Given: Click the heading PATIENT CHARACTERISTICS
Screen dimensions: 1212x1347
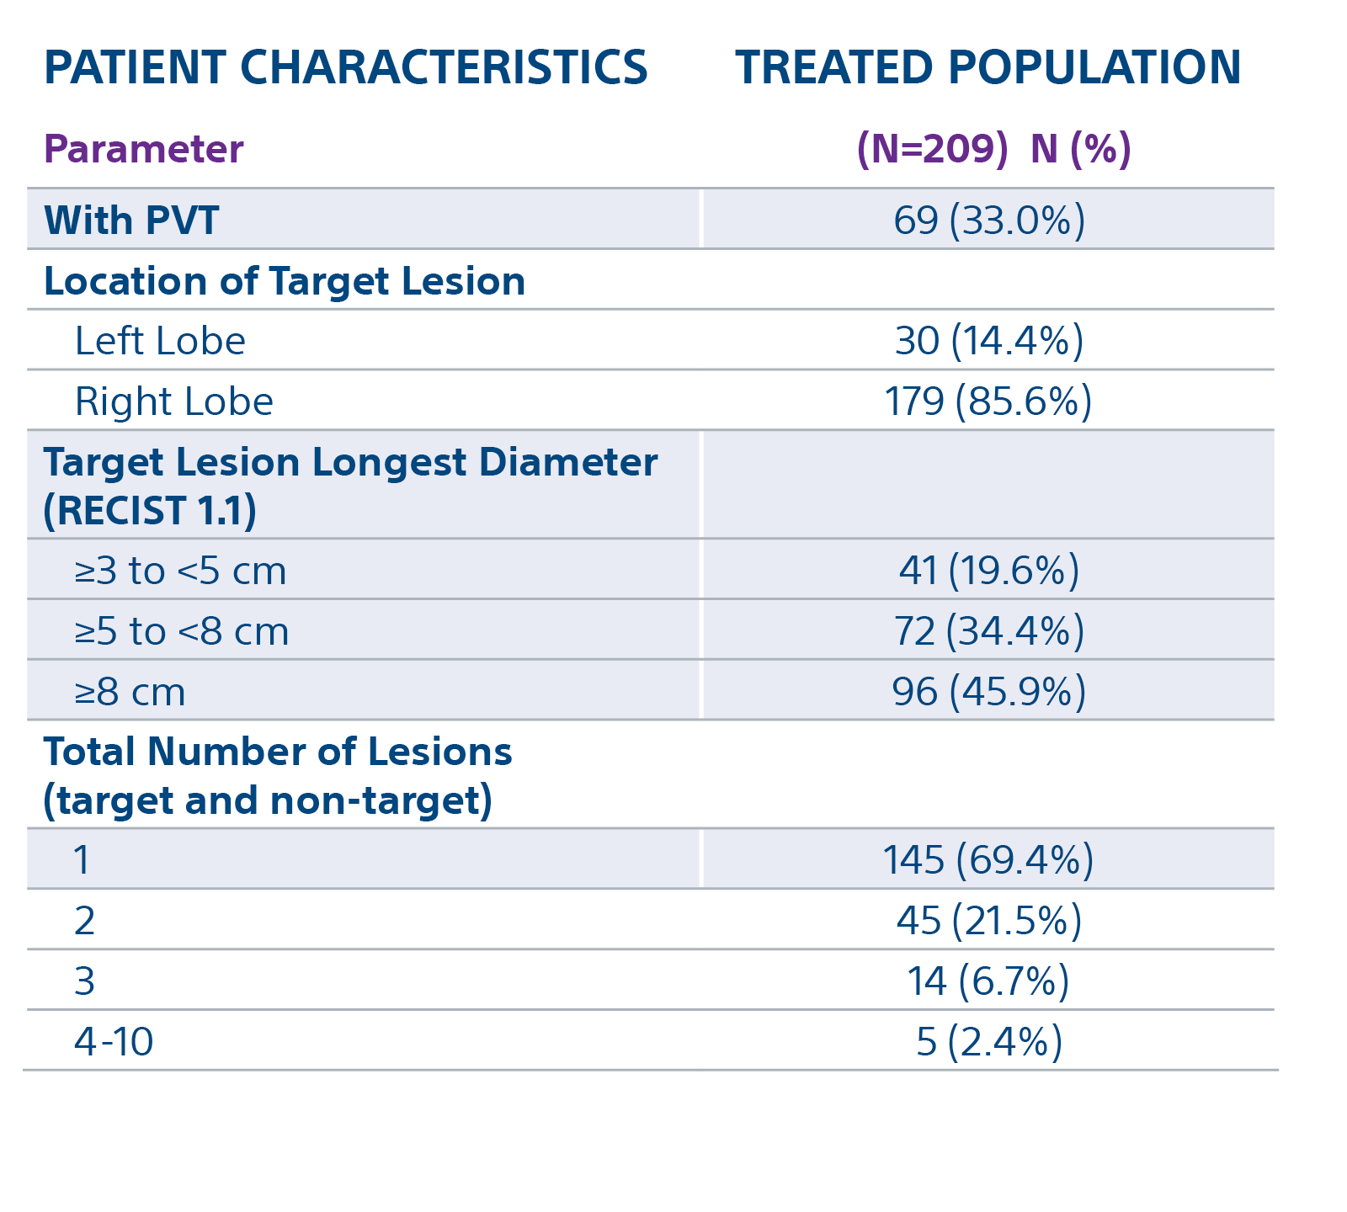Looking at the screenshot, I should [x=345, y=68].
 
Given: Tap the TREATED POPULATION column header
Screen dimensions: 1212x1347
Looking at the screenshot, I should [x=988, y=68].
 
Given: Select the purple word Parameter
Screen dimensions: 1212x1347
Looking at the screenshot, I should [x=143, y=150].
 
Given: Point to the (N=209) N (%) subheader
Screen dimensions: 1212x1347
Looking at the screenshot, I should [x=993, y=149].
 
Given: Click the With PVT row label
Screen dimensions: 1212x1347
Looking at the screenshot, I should [x=131, y=221].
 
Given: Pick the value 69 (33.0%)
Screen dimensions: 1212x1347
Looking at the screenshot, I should [x=989, y=221].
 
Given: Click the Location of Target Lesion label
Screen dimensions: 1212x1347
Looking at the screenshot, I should [x=284, y=281].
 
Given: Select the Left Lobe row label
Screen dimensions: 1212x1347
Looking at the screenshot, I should [x=160, y=342].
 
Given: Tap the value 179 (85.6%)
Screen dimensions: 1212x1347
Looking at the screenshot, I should [x=988, y=401].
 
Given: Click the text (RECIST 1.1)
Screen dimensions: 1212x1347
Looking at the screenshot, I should [x=150, y=511].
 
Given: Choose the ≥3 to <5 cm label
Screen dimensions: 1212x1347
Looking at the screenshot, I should [x=180, y=571].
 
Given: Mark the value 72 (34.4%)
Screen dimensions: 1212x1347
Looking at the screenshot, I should [x=989, y=631].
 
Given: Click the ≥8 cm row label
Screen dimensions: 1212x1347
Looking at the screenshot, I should [x=130, y=693].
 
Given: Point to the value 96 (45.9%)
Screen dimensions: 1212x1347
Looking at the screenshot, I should [x=989, y=692].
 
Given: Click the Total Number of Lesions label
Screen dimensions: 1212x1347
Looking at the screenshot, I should [x=278, y=752].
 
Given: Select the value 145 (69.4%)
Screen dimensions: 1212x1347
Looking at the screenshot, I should [x=988, y=860].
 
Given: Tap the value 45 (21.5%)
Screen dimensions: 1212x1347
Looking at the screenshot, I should [x=989, y=921].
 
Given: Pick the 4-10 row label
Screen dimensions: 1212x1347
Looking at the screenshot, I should [x=114, y=1042].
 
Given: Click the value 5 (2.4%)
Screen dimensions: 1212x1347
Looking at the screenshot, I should [x=989, y=1042].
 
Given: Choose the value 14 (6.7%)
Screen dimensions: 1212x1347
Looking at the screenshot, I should [x=988, y=981].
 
